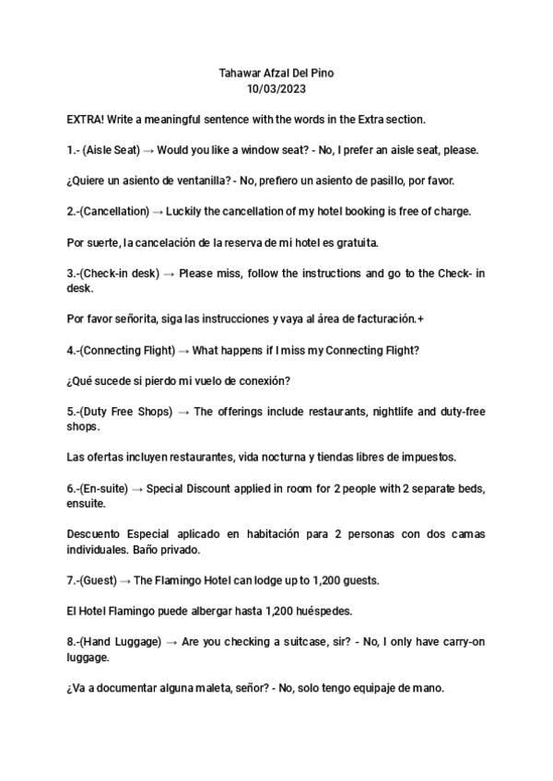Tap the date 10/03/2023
click(276, 88)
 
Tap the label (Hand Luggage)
click(122, 642)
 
